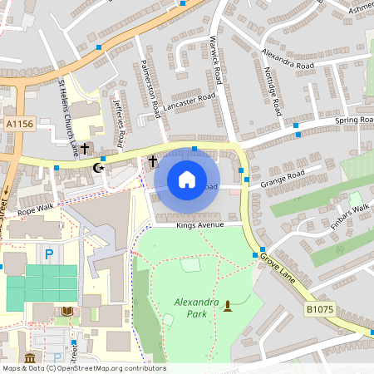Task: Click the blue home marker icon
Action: [x=186, y=180]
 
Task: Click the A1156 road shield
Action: [x=19, y=124]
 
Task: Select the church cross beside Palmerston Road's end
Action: [x=152, y=161]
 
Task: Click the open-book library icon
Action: [x=67, y=311]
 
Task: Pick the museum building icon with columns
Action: [x=30, y=357]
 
